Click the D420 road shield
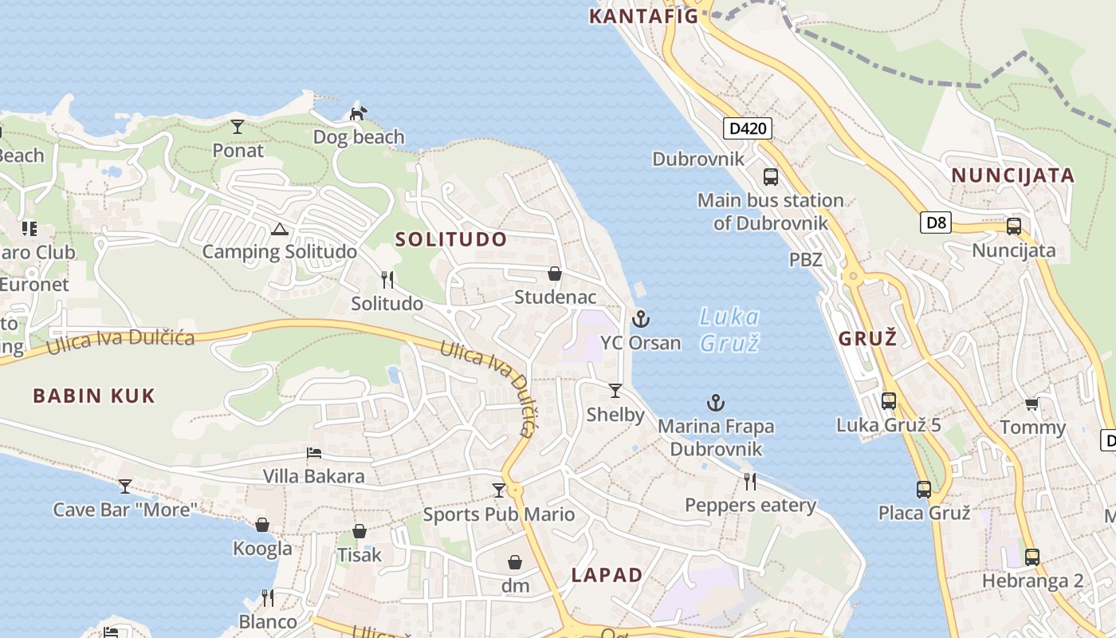[748, 128]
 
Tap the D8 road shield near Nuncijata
[936, 223]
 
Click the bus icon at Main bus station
[770, 177]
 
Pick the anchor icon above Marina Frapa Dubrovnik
[716, 403]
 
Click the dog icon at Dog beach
[358, 114]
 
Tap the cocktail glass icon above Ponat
[238, 126]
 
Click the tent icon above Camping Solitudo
[279, 230]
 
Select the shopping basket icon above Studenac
[555, 274]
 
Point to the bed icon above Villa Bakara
[314, 453]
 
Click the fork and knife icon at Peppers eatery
[750, 481]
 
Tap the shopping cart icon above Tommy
[1032, 404]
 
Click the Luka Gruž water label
[729, 329]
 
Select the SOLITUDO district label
[451, 239]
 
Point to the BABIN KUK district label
[94, 396]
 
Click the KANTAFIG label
[643, 16]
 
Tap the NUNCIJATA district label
[1013, 175]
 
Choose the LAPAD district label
[607, 575]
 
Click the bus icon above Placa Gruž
[924, 489]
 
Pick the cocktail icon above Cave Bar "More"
[125, 486]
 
